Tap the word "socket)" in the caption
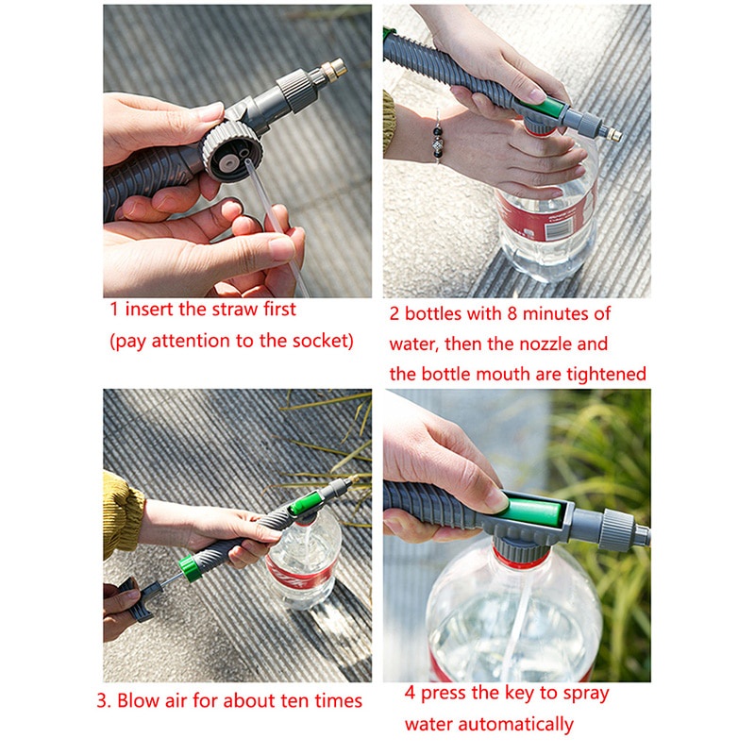tap(318, 342)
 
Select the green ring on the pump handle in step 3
tap(188, 569)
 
